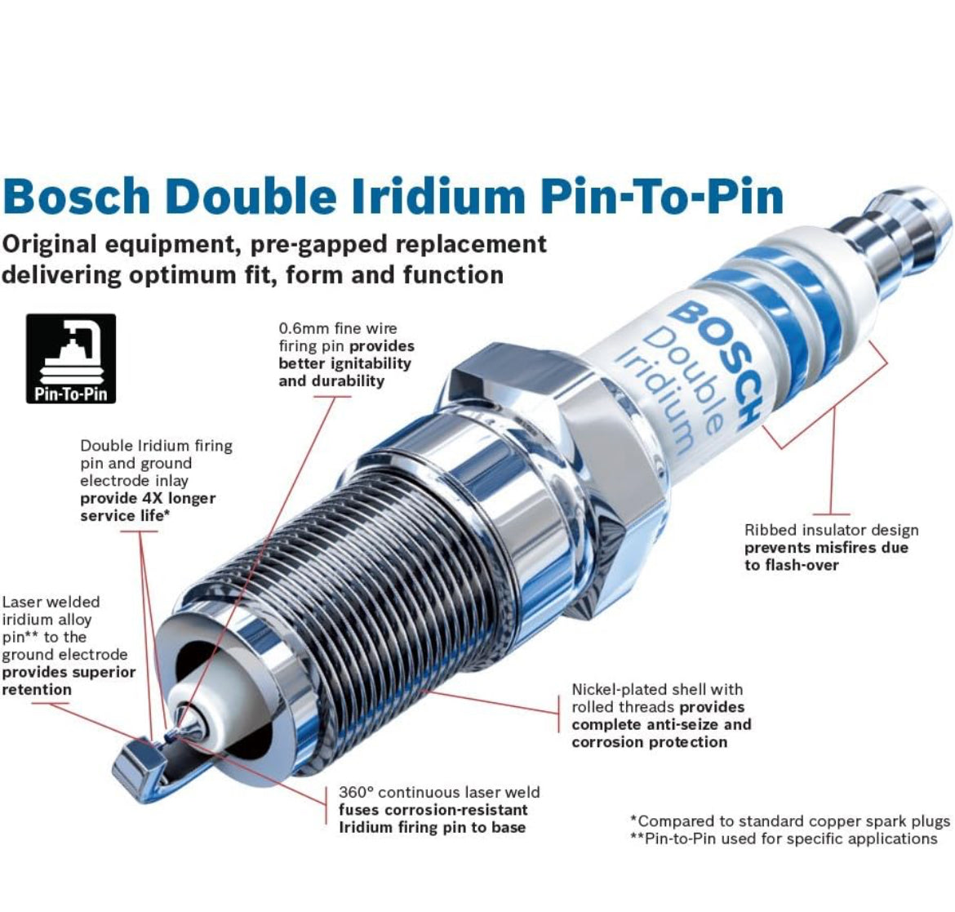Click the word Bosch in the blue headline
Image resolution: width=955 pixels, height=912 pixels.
[x=76, y=196]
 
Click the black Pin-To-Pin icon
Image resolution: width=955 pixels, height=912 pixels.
[x=71, y=358]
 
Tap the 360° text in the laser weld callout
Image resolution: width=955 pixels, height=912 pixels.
[x=356, y=792]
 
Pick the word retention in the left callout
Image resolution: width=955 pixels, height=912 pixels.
[x=37, y=690]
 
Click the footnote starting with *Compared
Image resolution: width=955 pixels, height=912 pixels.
[x=790, y=821]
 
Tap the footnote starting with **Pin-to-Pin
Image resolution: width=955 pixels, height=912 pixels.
[x=784, y=839]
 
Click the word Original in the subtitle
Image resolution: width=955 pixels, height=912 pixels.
[x=50, y=245]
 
